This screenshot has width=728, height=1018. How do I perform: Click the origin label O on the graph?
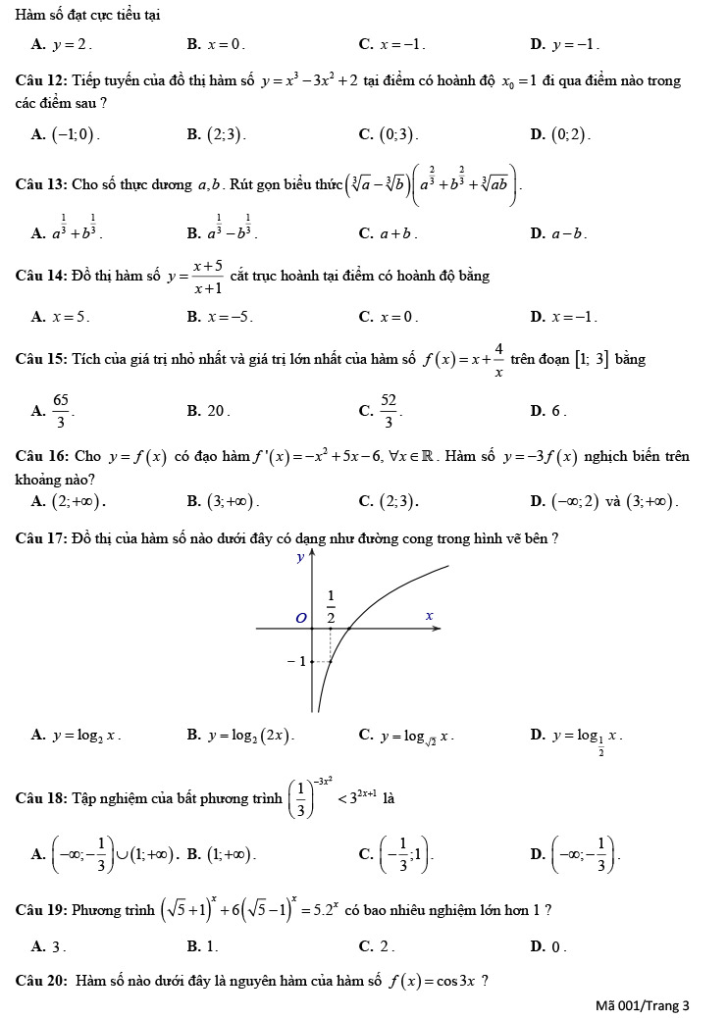tap(301, 616)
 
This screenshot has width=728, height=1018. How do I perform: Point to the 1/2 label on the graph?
tap(331, 608)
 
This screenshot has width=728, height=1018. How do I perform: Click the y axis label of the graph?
tap(300, 558)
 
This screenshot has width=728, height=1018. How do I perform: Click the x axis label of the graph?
tap(429, 615)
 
